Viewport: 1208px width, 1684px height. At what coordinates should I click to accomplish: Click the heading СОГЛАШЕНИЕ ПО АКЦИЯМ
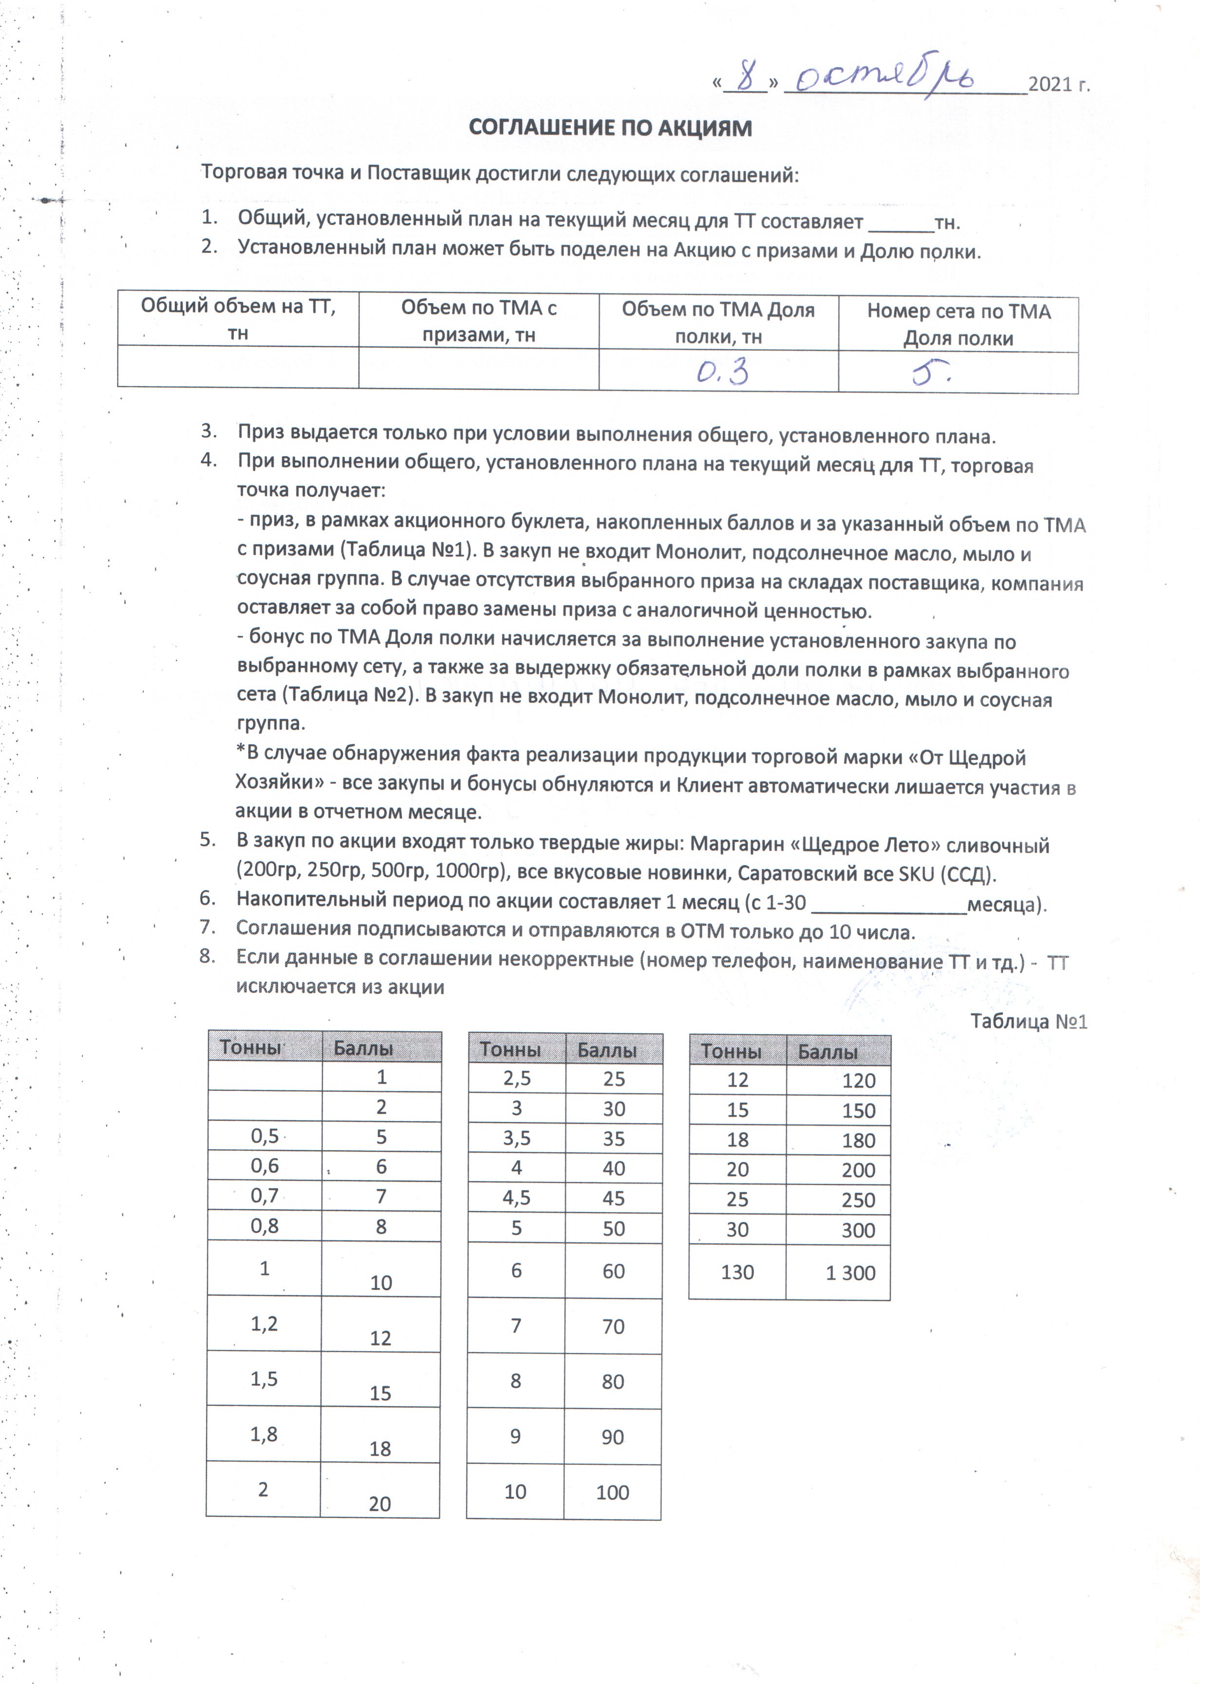click(x=610, y=128)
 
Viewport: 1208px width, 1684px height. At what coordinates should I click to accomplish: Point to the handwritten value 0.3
click(x=721, y=372)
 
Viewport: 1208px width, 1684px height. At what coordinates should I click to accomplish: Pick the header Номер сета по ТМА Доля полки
click(x=958, y=325)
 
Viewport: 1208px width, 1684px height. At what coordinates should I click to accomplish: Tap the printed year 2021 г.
click(x=1059, y=85)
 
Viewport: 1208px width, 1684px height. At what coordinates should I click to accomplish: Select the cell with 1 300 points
click(x=850, y=1273)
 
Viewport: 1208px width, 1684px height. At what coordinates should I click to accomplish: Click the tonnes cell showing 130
click(x=737, y=1272)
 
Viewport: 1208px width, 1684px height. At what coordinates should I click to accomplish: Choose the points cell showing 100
click(x=612, y=1492)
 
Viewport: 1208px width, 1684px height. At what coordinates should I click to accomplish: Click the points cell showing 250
click(x=859, y=1200)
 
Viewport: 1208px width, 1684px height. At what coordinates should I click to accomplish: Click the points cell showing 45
click(x=614, y=1199)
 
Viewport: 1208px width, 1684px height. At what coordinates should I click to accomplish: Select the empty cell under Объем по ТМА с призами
click(x=479, y=368)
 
